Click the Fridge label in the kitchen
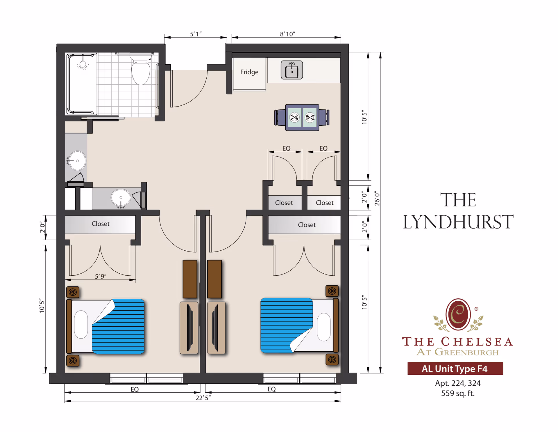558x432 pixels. [249, 72]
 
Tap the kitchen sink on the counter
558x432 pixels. [291, 70]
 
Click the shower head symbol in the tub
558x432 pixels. [83, 65]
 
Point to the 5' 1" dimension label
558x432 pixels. [196, 34]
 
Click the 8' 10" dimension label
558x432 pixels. [287, 34]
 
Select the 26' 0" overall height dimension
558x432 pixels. [377, 199]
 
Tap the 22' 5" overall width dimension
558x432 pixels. [203, 398]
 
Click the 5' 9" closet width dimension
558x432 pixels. [101, 276]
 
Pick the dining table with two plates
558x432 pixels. [302, 118]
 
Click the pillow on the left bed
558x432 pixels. [81, 324]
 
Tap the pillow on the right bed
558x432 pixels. [323, 327]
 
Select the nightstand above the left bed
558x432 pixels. [73, 292]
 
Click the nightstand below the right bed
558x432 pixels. [332, 360]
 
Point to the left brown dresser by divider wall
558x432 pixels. [190, 279]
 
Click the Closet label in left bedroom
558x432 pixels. [101, 224]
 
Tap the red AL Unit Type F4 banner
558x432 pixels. [455, 369]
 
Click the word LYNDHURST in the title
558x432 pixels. [458, 222]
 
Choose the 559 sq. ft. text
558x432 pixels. [458, 393]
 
